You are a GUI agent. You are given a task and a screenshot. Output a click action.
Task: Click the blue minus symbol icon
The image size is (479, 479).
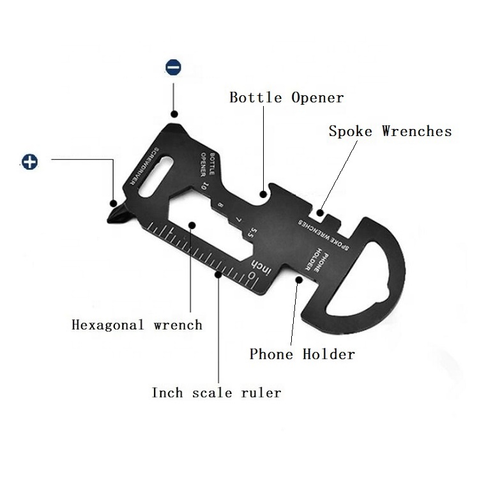pyautogui.click(x=173, y=67)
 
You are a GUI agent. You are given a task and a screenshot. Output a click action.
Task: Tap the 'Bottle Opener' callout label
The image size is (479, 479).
pyautogui.click(x=286, y=98)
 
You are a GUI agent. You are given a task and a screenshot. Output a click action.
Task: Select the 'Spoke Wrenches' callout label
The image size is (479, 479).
pyautogui.click(x=390, y=132)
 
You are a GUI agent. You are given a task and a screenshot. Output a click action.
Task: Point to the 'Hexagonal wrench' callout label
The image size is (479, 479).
pyautogui.click(x=137, y=324)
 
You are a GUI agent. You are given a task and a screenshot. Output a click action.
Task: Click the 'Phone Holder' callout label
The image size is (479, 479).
pyautogui.click(x=301, y=354)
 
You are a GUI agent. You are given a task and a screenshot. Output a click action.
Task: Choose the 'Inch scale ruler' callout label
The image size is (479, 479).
pyautogui.click(x=216, y=392)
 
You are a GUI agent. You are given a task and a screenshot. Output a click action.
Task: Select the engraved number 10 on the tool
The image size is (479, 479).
pyautogui.click(x=202, y=186)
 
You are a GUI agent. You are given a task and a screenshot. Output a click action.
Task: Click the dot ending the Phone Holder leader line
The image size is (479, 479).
pyautogui.click(x=298, y=279)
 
